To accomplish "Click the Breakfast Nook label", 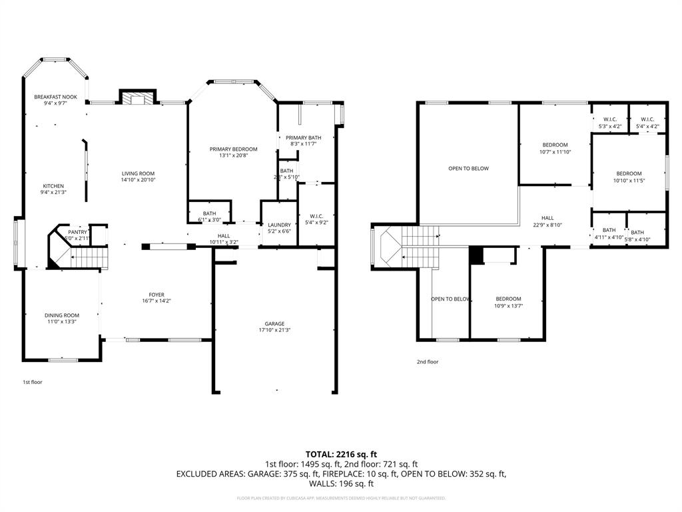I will click(56, 97).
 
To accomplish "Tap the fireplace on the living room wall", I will click(137, 99).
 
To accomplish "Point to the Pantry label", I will click(77, 232).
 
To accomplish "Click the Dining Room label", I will click(62, 315).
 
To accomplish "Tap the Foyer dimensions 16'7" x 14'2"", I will click(157, 301).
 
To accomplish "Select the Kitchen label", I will click(53, 186).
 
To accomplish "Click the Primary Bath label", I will click(303, 137).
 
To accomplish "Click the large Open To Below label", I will click(468, 169).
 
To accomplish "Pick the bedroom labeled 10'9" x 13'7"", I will click(508, 299).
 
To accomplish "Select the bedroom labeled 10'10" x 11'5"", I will click(629, 173).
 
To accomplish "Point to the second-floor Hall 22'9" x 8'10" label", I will click(547, 218).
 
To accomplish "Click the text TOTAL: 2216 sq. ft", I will click(341, 454).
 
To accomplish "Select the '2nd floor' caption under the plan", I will click(428, 362).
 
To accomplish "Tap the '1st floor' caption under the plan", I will click(33, 382).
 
